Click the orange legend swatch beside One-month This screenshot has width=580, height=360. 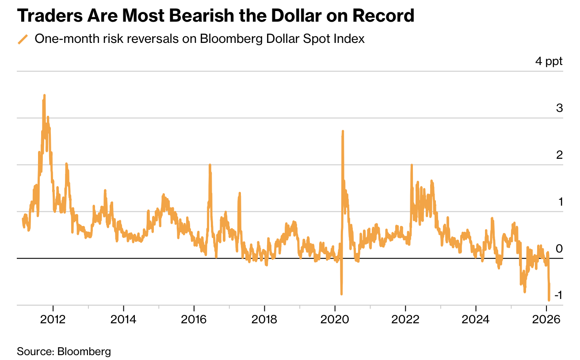[23, 39]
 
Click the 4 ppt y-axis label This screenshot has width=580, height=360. [549, 61]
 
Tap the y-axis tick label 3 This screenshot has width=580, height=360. [559, 108]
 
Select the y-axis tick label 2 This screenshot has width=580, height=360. [559, 155]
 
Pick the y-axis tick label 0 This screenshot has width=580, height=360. [559, 249]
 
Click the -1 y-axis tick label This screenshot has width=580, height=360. [557, 295]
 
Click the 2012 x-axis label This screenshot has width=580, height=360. [53, 320]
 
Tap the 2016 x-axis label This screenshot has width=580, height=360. [194, 320]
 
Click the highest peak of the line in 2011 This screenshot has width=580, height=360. [44, 95]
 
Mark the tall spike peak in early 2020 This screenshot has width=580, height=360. [343, 131]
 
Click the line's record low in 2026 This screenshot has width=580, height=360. [549, 300]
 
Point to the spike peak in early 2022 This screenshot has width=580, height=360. [412, 165]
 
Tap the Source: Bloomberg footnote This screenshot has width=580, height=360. [64, 352]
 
